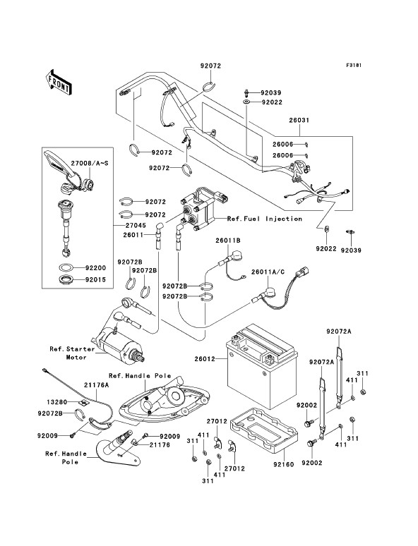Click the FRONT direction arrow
[x=59, y=83]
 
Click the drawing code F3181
[x=354, y=65]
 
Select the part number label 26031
[x=299, y=121]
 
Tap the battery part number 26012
[x=205, y=358]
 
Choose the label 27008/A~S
[x=90, y=163]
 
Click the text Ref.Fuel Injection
[x=265, y=219]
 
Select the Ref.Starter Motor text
[x=72, y=353]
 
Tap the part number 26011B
[x=227, y=241]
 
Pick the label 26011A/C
[x=268, y=272]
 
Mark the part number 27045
[x=136, y=226]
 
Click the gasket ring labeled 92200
[x=66, y=268]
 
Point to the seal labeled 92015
[x=66, y=279]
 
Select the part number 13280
[x=57, y=402]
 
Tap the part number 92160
[x=283, y=464]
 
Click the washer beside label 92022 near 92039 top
[x=246, y=102]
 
